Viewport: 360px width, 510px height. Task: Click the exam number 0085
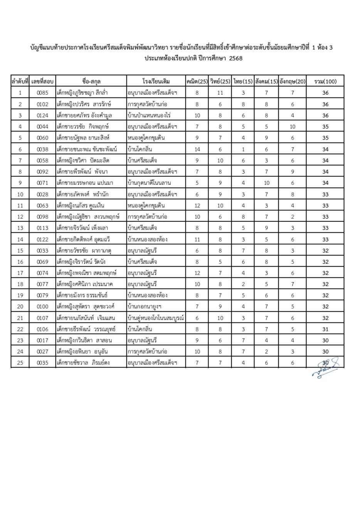point(42,93)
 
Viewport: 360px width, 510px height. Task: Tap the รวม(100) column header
point(325,81)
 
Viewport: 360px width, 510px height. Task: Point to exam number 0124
point(42,115)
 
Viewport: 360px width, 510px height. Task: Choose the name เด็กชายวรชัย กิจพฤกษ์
point(82,126)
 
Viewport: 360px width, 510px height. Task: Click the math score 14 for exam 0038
point(197,149)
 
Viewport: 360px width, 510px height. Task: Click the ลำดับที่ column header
point(20,81)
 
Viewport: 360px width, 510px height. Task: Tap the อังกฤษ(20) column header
point(292,81)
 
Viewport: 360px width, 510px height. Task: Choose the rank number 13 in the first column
point(20,228)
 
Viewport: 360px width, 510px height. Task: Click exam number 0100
point(42,307)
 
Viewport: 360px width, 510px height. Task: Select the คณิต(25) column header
point(197,81)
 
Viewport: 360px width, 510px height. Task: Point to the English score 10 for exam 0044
point(292,126)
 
